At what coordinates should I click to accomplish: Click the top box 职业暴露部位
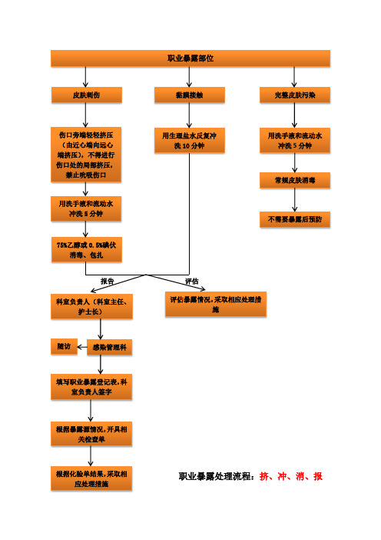[190, 58]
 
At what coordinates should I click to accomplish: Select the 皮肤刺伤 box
[86, 95]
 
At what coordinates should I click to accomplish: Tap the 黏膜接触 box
[190, 95]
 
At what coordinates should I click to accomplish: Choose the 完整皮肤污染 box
[295, 95]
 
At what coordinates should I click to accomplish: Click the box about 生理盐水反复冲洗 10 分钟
[190, 141]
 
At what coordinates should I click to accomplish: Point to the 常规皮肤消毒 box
[295, 180]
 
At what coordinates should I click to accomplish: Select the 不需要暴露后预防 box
[295, 219]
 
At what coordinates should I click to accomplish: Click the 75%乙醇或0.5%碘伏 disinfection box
[86, 250]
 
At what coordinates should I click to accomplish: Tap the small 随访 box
[64, 346]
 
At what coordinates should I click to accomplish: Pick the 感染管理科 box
[109, 347]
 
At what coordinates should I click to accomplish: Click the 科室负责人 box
[91, 306]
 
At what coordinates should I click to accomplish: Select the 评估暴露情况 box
[216, 304]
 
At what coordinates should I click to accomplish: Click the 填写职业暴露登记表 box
[91, 387]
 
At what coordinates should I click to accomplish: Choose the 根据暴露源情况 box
[91, 434]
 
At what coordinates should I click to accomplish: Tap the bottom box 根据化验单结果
[91, 478]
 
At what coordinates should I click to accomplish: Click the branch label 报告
[107, 282]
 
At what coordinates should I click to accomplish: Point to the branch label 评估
[192, 282]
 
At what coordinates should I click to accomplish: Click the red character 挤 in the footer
[264, 476]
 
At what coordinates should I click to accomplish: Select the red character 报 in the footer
[318, 476]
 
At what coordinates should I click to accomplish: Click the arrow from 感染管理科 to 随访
[82, 347]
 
